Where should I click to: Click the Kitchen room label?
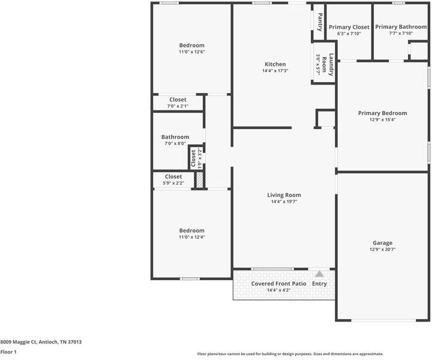275,64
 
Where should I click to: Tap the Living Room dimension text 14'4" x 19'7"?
284,202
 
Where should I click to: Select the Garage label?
382,243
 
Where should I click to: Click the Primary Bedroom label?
382,113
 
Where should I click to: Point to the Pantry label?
320,22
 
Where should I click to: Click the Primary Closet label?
349,27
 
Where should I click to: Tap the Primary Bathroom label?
401,27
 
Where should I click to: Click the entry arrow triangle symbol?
319,274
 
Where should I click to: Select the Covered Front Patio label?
278,283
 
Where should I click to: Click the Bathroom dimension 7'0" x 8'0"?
175,143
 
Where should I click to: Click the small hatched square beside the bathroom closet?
200,179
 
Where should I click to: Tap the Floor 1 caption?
8,352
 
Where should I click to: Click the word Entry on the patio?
319,283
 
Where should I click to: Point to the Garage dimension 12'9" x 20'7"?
382,250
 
